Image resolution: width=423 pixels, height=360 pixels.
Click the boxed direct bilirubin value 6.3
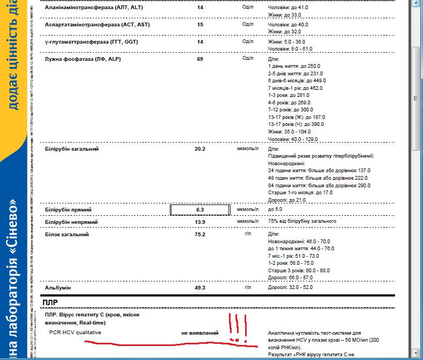coord(200,209)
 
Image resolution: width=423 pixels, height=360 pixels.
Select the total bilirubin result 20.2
coord(200,149)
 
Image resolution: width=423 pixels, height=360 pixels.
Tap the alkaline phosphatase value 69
coord(200,58)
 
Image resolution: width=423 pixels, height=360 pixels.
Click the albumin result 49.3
coord(200,288)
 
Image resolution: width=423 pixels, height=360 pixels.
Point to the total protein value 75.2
coord(200,235)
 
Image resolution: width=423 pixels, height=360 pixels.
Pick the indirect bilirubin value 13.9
coord(200,222)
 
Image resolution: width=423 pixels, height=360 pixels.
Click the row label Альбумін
coord(60,288)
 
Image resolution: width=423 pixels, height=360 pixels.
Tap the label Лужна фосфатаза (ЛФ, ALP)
coord(83,58)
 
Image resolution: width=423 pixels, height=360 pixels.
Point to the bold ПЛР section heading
coord(53,302)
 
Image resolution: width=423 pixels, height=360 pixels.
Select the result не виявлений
coord(200,333)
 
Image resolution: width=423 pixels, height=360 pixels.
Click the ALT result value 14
coord(200,8)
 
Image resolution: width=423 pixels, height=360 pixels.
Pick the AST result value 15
coord(200,25)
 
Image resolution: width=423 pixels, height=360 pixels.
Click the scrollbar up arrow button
coord(417,4)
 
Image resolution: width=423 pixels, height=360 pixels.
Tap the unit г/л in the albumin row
coord(248,288)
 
